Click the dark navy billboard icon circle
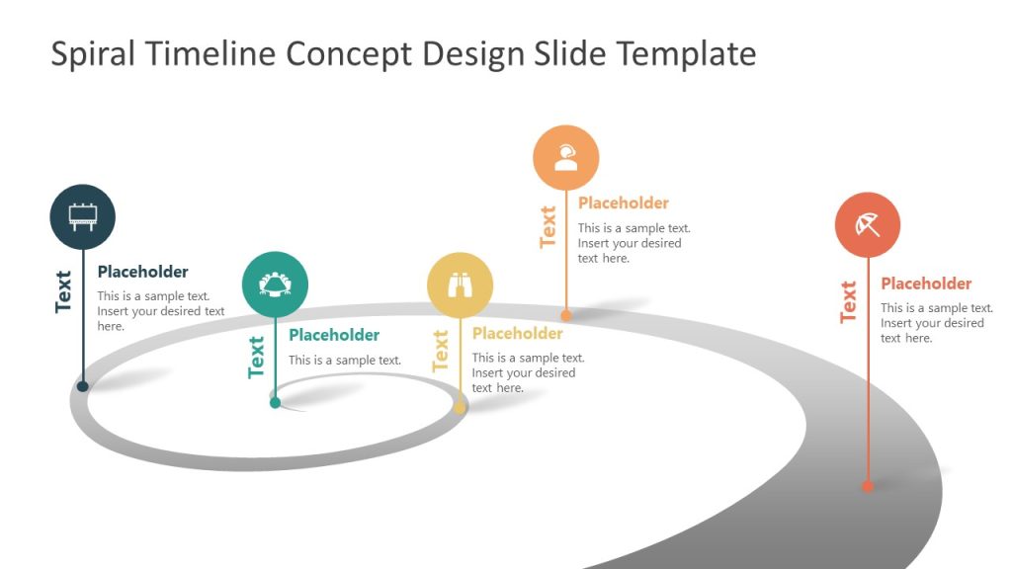point(82,217)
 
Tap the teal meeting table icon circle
point(275,284)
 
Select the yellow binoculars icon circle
point(460,284)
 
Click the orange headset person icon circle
point(565,157)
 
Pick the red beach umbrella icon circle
point(868,225)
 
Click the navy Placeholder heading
point(142,272)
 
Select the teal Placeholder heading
point(334,335)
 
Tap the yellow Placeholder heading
point(517,334)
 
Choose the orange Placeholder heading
point(624,203)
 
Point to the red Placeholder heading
point(926,284)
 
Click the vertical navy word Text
point(64,291)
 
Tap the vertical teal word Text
point(257,357)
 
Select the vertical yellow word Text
point(441,351)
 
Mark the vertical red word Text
point(849,302)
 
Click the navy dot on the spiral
point(83,386)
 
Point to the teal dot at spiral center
point(275,402)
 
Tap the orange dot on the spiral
point(566,316)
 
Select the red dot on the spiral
point(868,486)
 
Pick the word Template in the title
point(687,53)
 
